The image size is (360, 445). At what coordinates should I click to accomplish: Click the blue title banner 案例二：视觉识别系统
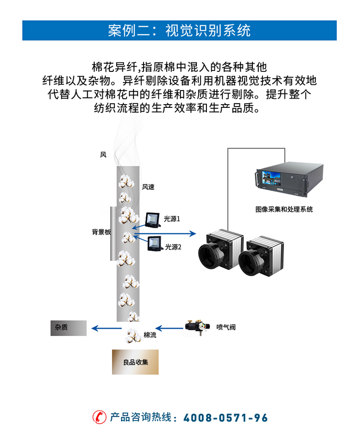tap(180, 31)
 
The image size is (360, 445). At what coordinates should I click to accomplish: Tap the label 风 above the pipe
tap(103, 154)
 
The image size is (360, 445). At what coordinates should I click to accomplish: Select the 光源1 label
tap(172, 219)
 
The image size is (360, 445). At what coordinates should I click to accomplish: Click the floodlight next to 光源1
tap(153, 219)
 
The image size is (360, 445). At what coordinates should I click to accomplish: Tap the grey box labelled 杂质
tap(68, 328)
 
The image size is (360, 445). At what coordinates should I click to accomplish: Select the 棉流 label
tap(150, 335)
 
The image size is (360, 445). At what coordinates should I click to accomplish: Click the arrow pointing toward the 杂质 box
tap(106, 328)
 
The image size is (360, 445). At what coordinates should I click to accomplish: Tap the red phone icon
tap(99, 417)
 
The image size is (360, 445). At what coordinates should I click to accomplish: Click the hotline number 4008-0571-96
tap(226, 417)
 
